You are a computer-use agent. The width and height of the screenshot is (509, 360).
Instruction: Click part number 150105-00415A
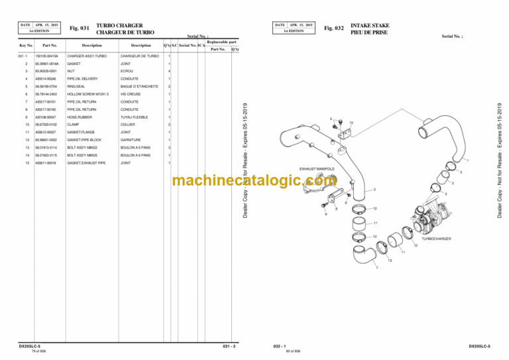44,56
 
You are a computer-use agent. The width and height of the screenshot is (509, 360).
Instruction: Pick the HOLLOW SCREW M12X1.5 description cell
86,93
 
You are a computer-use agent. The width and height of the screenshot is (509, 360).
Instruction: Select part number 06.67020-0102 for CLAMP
43,124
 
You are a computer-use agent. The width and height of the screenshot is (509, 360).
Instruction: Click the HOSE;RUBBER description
80,117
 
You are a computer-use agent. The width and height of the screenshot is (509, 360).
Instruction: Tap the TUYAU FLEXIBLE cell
137,117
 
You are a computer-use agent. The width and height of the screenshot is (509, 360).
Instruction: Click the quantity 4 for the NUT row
170,71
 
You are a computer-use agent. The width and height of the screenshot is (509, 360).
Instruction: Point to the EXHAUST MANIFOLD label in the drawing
317,169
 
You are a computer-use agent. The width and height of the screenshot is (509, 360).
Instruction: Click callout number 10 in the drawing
351,123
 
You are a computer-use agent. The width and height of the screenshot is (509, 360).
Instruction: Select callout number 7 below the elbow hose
378,269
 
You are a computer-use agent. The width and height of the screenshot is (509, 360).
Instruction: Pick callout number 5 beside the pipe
374,190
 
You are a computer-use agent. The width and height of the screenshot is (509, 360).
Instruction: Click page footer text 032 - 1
278,346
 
